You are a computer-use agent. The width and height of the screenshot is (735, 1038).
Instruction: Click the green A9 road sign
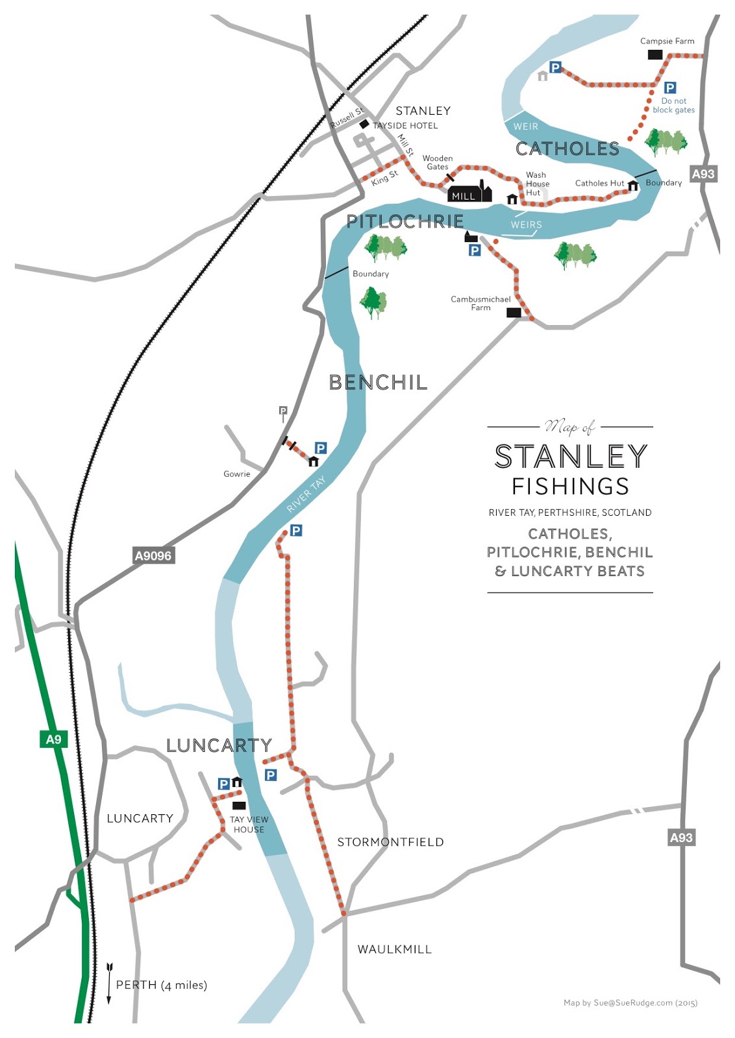[x=53, y=739]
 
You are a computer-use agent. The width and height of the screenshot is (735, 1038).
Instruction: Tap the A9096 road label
[x=153, y=555]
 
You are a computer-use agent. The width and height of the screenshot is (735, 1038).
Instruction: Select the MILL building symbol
[x=469, y=193]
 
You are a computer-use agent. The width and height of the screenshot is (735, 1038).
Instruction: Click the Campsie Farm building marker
[x=655, y=54]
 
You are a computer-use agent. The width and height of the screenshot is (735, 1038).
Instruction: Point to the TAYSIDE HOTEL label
[x=405, y=125]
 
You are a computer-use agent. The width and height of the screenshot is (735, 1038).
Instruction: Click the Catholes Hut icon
[x=633, y=186]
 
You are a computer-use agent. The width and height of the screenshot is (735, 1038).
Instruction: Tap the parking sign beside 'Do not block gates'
[x=670, y=88]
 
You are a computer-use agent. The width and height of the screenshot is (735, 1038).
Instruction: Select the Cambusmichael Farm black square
[x=514, y=313]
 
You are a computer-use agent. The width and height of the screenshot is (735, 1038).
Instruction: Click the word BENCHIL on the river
[x=378, y=383]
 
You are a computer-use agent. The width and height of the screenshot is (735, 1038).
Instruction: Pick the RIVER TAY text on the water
[x=306, y=494]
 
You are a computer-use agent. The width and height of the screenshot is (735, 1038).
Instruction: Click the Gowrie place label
[x=236, y=474]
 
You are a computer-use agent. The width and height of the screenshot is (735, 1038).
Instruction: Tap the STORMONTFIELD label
[x=390, y=842]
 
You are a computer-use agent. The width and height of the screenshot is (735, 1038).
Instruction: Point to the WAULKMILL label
[x=394, y=949]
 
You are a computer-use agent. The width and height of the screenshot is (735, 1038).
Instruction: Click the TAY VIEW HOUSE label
[x=249, y=825]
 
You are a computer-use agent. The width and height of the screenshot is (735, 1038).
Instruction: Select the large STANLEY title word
[x=571, y=457]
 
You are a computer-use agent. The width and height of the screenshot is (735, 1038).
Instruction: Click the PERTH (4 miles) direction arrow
[x=109, y=984]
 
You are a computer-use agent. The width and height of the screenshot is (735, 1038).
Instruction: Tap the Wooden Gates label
[x=438, y=162]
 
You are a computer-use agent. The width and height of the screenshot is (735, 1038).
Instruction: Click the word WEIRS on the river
[x=526, y=224]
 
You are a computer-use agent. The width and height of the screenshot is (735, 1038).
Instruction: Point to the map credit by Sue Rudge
[x=630, y=1003]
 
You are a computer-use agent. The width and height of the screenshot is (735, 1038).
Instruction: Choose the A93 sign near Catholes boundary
[x=703, y=174]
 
